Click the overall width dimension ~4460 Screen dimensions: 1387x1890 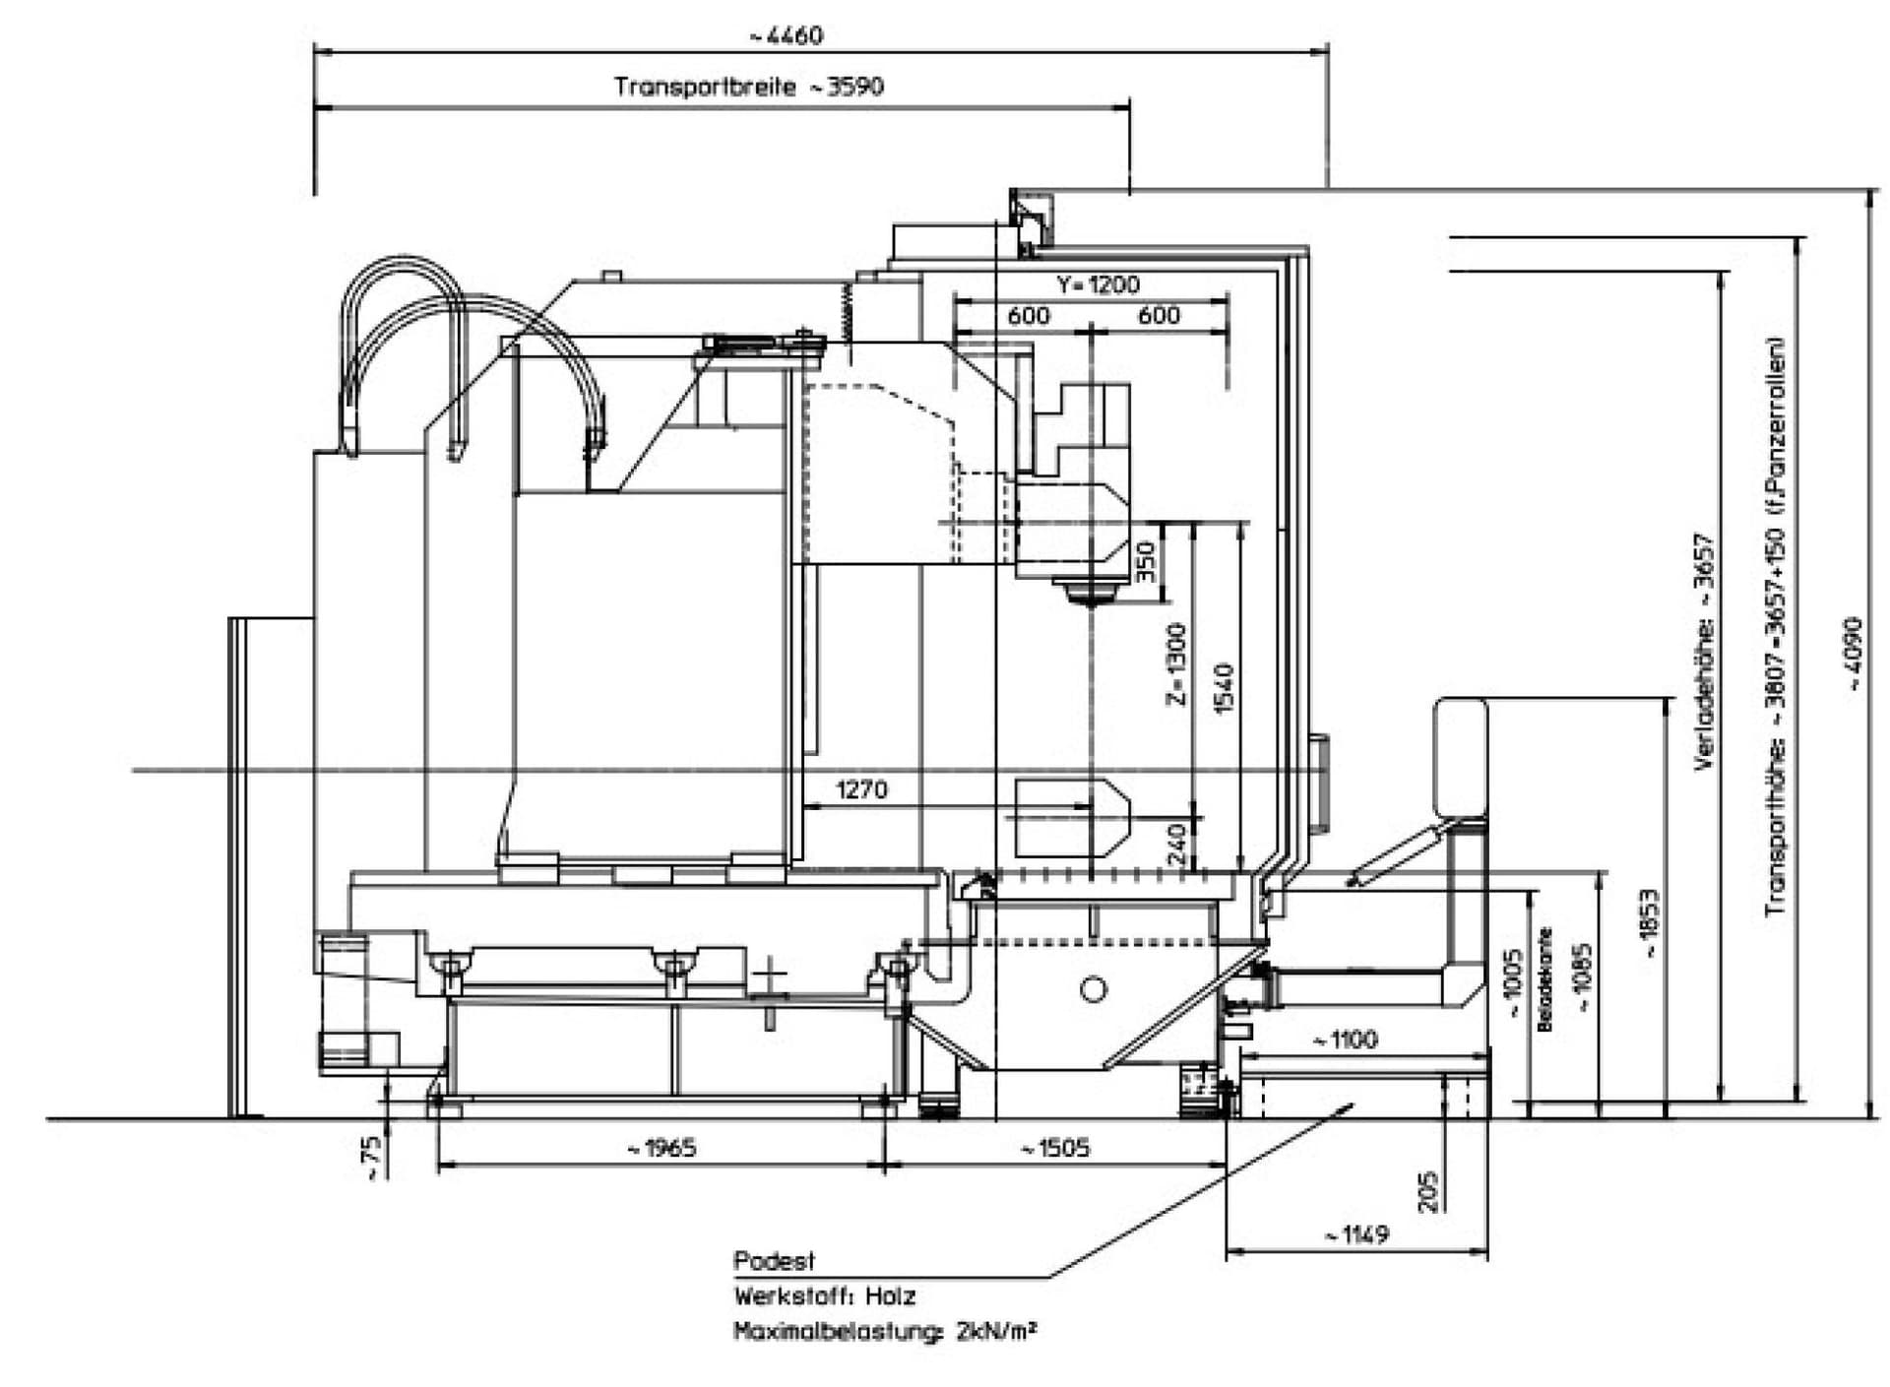click(786, 36)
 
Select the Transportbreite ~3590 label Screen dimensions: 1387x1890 click(749, 87)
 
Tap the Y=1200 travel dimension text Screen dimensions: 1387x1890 click(1098, 284)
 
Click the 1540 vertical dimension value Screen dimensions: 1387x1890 click(1224, 689)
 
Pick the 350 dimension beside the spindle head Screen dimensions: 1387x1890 click(1146, 562)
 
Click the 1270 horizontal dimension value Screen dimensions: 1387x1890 click(861, 789)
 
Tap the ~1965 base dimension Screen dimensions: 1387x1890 click(661, 1148)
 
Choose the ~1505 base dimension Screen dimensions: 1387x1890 click(1054, 1148)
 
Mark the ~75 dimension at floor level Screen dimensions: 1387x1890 click(372, 1159)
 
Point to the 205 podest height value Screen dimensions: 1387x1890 click(1430, 1191)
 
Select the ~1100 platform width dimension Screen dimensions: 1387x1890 click(1346, 1040)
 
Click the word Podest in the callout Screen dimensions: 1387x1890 click(774, 1261)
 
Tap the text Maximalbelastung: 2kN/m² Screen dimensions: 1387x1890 click(884, 1332)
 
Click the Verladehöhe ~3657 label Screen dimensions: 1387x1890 click(1704, 652)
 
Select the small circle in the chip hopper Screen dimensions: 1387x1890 click(1093, 989)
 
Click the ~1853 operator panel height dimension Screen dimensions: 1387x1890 click(1650, 923)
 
